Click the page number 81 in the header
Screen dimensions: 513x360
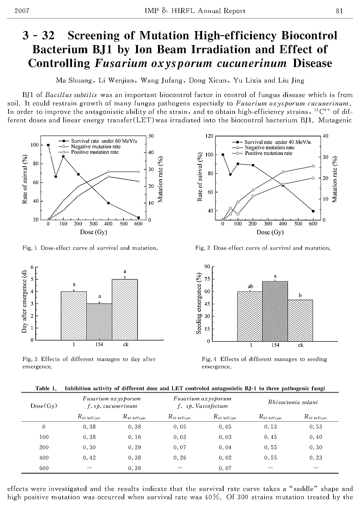coord(340,11)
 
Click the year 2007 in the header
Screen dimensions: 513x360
coord(22,11)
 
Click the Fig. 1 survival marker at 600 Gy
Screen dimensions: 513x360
coord(138,217)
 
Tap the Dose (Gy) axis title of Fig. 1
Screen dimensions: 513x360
coord(94,232)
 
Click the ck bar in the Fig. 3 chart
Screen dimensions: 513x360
coord(125,310)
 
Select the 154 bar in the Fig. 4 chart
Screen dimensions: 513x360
coord(275,311)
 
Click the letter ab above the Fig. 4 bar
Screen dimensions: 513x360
coord(250,286)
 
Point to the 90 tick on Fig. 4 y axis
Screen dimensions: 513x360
coord(207,267)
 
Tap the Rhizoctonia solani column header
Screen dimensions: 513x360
coord(293,402)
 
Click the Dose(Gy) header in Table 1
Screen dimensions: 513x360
coord(44,406)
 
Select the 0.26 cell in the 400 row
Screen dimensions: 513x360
coord(180,458)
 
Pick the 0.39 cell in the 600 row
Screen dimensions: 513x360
coord(135,468)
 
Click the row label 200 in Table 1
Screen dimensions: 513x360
coord(44,447)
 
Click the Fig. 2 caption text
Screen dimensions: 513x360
coord(263,248)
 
